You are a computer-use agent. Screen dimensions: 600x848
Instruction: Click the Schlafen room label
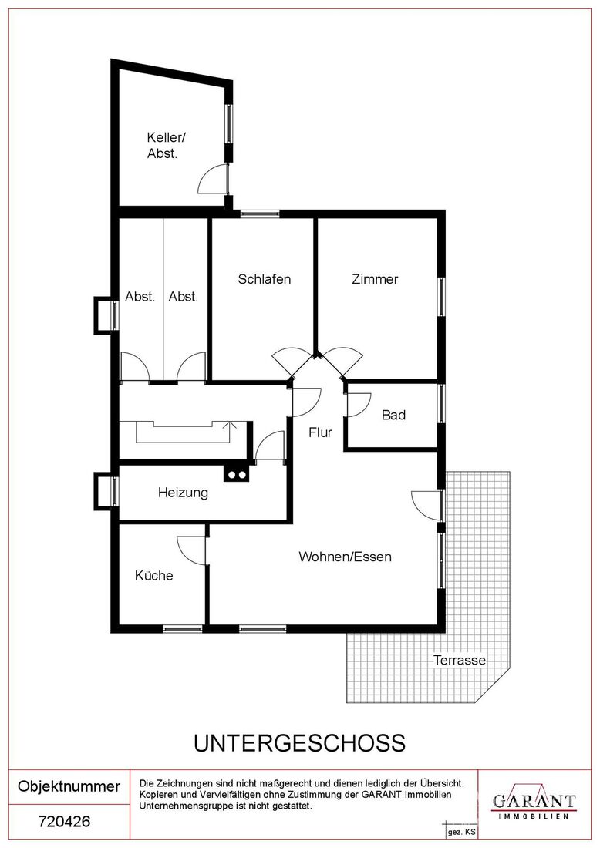[264, 279]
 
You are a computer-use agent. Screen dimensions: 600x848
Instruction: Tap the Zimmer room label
[375, 279]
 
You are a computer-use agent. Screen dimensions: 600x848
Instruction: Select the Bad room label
[393, 415]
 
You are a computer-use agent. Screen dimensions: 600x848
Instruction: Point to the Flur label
[320, 432]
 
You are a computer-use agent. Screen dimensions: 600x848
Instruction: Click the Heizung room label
[183, 493]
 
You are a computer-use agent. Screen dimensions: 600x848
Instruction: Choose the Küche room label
[154, 575]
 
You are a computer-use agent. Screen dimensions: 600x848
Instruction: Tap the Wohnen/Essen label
[346, 557]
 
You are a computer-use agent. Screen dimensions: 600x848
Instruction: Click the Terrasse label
[460, 661]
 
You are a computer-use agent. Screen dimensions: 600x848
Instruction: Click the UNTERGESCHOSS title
[300, 744]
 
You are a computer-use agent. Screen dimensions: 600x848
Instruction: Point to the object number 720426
[64, 822]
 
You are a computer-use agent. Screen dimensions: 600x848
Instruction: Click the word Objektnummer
[69, 786]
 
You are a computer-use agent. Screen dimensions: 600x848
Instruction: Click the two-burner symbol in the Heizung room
[237, 474]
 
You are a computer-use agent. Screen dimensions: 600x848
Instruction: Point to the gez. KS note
[461, 833]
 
